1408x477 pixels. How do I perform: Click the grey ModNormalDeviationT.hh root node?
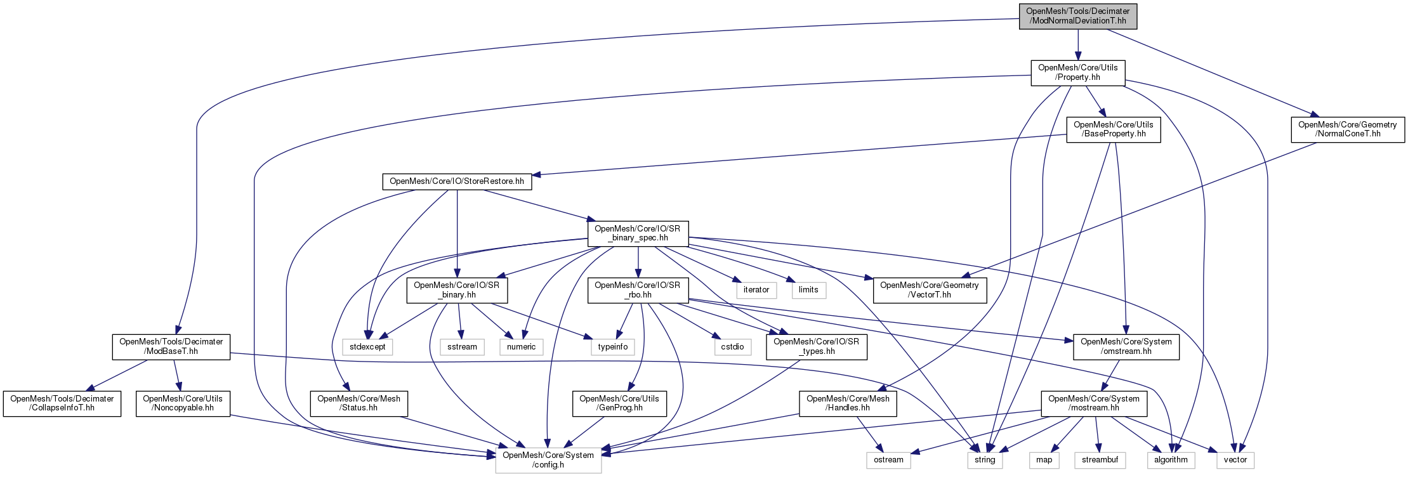[x=1077, y=16]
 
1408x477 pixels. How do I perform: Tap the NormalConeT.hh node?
[x=1347, y=129]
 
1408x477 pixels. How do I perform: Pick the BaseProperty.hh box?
[x=1113, y=129]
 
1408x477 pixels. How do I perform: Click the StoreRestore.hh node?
[x=457, y=181]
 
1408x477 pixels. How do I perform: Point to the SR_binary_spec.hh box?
[x=638, y=233]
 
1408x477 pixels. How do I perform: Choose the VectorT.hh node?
[x=929, y=290]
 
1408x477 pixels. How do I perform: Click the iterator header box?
[x=756, y=290]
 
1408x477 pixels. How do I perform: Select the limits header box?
[x=808, y=290]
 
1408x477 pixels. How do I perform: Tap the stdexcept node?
[x=367, y=347]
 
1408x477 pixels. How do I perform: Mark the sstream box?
[x=462, y=347]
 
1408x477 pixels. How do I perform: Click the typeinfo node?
[x=612, y=347]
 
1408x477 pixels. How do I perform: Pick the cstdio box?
[x=732, y=347]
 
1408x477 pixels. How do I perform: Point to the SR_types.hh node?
[x=815, y=346]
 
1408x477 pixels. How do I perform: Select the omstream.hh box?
[x=1126, y=346]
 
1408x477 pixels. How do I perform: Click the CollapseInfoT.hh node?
[x=62, y=403]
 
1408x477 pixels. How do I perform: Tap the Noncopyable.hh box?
[x=183, y=403]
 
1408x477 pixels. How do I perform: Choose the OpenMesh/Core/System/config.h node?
[x=548, y=460]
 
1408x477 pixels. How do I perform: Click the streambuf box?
[x=1100, y=460]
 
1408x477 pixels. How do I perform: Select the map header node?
[x=1044, y=460]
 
